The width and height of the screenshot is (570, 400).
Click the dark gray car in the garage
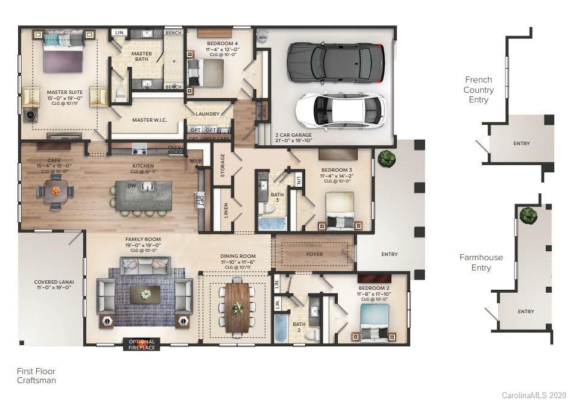coord(335,63)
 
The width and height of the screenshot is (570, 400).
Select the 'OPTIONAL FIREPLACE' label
coord(142,345)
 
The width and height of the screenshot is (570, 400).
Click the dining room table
coord(237,307)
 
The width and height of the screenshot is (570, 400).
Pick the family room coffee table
coord(145,294)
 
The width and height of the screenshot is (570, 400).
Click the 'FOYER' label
coord(314,254)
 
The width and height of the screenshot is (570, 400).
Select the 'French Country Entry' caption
coord(479,90)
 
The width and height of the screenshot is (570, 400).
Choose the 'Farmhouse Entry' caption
coord(481,263)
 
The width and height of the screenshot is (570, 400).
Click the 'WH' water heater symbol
coord(262,37)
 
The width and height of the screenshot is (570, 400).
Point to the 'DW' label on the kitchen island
coord(131,186)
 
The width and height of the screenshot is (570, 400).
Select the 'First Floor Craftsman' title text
coord(36,376)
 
